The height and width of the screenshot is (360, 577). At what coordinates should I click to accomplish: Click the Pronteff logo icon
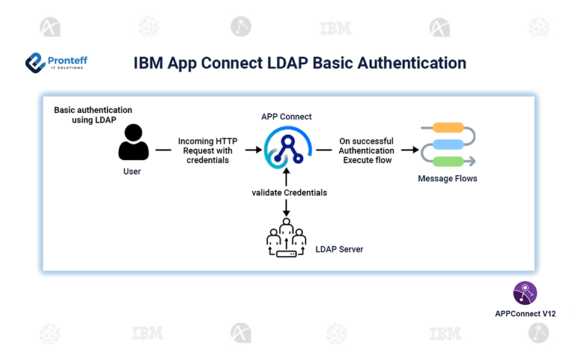[35, 62]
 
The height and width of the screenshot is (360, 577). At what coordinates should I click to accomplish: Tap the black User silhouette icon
[133, 142]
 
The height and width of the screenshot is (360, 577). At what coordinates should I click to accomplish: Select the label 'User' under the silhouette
[132, 172]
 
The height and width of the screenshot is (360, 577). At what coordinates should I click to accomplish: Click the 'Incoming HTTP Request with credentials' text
[208, 151]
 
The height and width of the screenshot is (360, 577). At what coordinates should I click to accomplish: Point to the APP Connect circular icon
[286, 150]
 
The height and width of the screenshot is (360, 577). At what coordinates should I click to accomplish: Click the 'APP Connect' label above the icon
[286, 116]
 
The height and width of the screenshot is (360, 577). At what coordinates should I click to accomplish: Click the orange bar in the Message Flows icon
[449, 127]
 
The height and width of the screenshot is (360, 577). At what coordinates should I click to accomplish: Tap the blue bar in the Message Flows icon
[449, 144]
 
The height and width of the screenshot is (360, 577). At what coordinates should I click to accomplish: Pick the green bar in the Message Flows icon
[449, 161]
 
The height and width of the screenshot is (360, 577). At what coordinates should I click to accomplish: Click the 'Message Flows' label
[447, 178]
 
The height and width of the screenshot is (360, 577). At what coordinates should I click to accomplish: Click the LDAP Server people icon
[286, 239]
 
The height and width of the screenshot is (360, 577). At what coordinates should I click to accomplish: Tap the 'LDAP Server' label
[339, 249]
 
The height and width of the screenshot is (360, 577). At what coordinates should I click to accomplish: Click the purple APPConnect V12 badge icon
[525, 293]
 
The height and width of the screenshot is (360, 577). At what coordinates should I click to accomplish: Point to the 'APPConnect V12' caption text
[525, 314]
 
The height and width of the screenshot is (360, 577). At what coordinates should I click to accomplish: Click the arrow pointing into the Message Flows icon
[409, 150]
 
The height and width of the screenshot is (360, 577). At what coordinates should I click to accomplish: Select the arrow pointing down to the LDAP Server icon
[286, 208]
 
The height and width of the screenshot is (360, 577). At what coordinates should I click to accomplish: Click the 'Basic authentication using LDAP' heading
[93, 115]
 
